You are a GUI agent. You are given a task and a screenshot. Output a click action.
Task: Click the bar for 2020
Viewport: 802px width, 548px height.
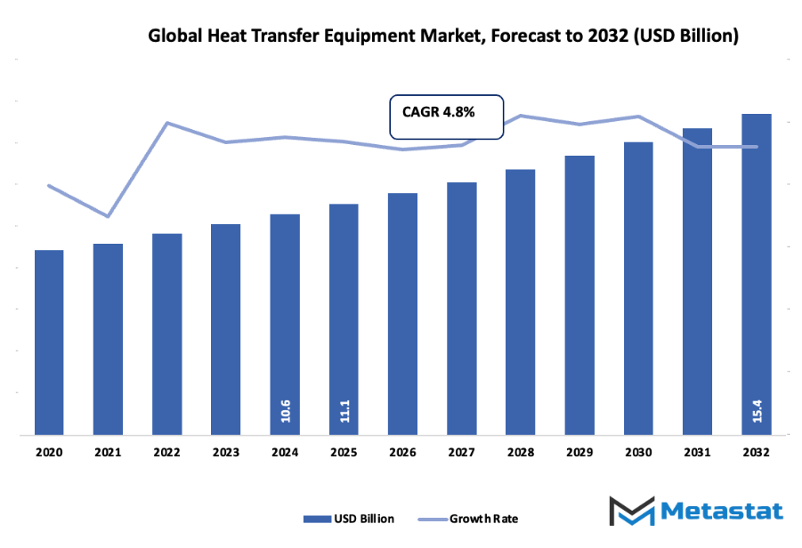click(x=49, y=342)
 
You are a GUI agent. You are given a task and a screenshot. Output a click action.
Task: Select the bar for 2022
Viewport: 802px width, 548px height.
click(x=166, y=334)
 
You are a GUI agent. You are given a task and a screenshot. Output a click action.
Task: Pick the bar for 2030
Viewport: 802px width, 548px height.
click(x=638, y=288)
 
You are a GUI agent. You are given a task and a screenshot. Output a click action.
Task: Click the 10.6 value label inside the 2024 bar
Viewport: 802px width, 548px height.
click(x=285, y=410)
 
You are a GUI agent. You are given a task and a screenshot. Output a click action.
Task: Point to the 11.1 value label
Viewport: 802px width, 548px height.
click(x=344, y=410)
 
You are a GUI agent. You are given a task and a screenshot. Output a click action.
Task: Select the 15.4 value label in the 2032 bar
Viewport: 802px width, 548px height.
click(x=757, y=410)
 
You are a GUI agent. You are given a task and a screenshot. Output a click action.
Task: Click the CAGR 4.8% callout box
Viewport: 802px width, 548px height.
click(x=447, y=116)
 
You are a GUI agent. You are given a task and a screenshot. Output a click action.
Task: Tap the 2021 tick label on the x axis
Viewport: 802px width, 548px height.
click(x=108, y=452)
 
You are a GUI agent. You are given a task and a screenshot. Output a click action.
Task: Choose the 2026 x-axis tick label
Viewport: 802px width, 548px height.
click(x=402, y=452)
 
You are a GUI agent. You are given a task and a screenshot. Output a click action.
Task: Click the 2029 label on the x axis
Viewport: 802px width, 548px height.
click(x=579, y=452)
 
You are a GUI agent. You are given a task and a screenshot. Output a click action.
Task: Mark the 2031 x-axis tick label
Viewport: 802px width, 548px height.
click(x=697, y=452)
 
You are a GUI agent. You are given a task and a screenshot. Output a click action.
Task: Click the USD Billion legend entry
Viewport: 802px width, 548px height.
click(x=349, y=519)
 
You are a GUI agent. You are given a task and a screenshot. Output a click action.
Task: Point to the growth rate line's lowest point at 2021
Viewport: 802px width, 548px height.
click(x=108, y=216)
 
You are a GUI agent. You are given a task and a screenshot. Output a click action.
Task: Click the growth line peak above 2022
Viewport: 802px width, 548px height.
click(x=167, y=123)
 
